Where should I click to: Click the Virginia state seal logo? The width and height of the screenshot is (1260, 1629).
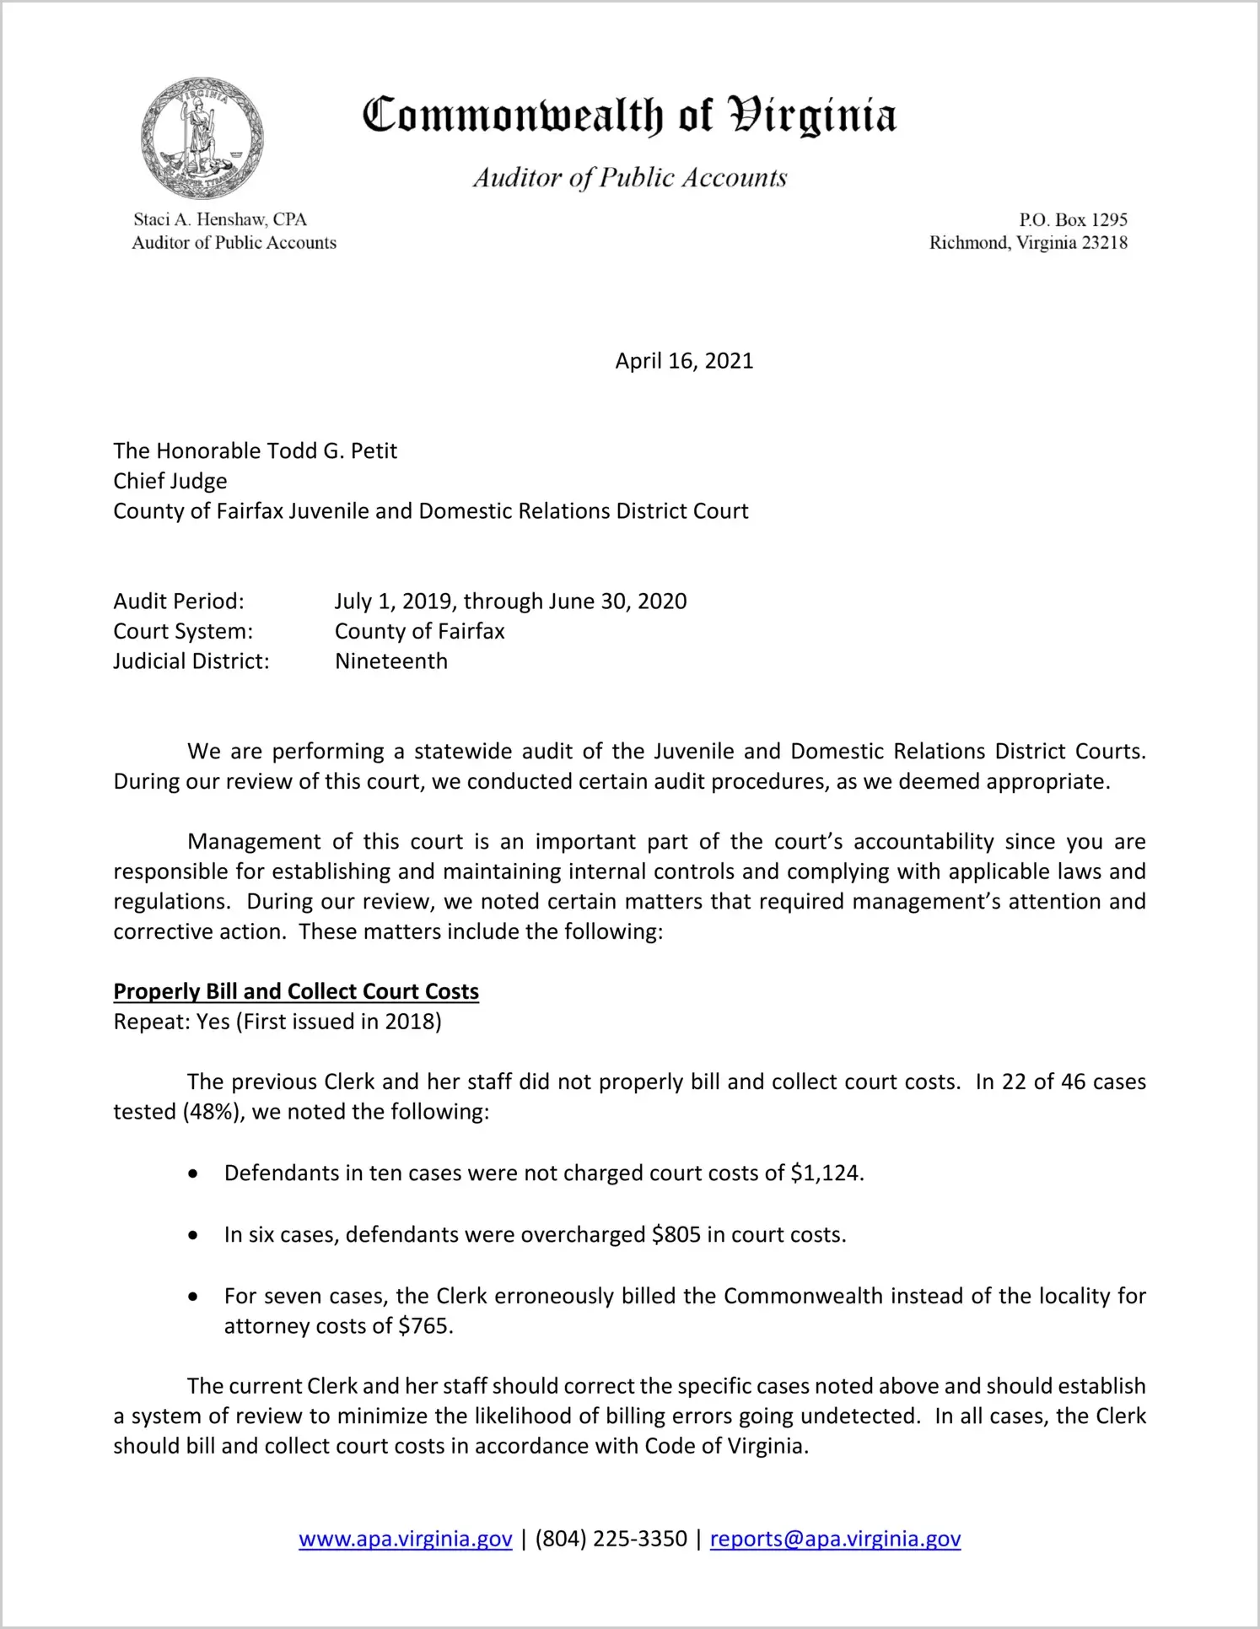(202, 138)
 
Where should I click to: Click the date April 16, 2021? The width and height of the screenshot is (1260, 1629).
(683, 361)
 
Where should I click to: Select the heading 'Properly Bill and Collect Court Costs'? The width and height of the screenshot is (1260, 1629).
(296, 991)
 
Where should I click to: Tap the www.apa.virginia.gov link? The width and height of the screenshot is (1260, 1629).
(405, 1539)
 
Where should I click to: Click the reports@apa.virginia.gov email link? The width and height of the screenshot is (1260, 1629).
(835, 1539)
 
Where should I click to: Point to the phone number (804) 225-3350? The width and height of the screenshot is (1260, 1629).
(611, 1539)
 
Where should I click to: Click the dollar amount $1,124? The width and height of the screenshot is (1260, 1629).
(827, 1173)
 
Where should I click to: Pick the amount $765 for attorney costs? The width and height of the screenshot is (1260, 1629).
(424, 1326)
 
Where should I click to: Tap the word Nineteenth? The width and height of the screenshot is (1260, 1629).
(391, 661)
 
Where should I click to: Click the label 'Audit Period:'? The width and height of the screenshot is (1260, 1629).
(179, 601)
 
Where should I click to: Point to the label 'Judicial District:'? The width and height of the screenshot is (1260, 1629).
(191, 661)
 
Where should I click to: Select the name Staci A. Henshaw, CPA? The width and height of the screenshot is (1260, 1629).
(220, 219)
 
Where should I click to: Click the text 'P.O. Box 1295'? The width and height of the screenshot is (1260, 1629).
(1073, 220)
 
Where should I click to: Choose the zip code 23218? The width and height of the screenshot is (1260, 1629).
(1104, 243)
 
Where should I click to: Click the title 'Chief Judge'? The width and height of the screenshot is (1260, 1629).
(170, 481)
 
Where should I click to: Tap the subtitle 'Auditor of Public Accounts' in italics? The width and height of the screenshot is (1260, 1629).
(629, 178)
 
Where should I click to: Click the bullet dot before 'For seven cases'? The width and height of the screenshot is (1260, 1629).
(194, 1297)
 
